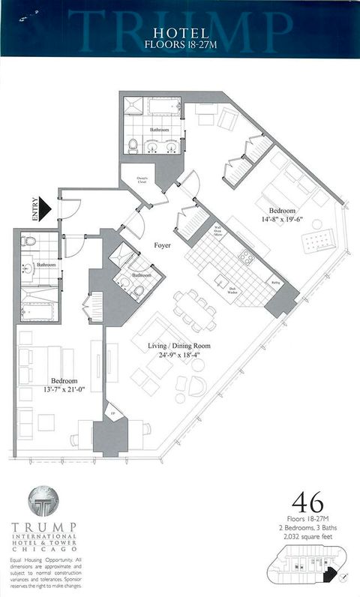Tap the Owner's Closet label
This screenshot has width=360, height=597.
(140, 179)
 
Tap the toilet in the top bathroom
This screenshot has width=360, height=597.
(132, 145)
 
